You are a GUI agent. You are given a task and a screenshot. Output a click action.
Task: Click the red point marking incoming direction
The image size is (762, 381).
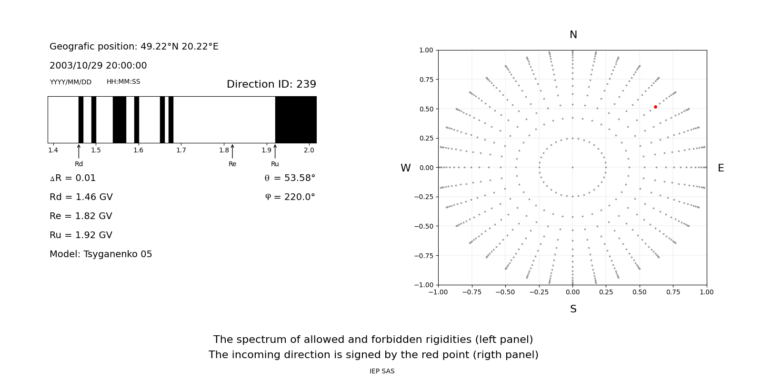[x=655, y=107]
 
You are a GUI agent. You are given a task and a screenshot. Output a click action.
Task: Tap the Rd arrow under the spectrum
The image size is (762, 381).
[x=79, y=151]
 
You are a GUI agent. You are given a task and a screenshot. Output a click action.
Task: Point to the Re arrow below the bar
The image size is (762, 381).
[x=232, y=151]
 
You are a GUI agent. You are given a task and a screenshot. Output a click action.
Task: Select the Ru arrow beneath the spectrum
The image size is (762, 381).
[x=275, y=151]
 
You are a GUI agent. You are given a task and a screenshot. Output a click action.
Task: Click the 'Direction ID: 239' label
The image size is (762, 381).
[x=271, y=84]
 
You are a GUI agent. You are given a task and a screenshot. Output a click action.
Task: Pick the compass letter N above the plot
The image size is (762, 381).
[x=573, y=35]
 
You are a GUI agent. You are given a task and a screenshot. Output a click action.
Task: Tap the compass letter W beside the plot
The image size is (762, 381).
[x=405, y=168]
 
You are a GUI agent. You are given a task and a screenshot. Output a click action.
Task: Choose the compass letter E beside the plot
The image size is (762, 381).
[x=721, y=168]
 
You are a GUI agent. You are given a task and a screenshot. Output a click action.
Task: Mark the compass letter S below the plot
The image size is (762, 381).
[x=573, y=309]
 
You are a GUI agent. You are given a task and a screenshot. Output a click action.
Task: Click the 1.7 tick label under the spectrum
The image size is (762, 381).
[x=181, y=150]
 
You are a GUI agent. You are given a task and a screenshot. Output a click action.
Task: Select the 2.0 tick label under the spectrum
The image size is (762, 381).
[x=309, y=150]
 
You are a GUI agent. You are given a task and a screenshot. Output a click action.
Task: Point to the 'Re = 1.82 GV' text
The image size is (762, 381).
[x=81, y=216]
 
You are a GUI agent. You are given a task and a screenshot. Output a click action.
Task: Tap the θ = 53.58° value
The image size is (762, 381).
[x=290, y=178]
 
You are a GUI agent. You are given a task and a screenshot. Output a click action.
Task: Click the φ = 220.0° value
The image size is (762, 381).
[x=290, y=197]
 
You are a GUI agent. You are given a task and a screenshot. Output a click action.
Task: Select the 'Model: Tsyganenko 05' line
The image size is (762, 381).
[x=100, y=254]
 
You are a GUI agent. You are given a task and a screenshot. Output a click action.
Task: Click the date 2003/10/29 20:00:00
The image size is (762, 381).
[x=98, y=65]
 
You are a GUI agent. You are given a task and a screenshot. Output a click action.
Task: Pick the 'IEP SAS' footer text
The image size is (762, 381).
[x=382, y=371]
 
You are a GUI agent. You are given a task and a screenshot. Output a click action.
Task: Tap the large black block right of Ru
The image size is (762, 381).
[x=296, y=120]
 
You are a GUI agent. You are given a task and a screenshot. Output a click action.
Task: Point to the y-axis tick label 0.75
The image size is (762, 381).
[x=426, y=80]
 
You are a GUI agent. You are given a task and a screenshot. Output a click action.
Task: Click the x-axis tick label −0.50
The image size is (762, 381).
[x=505, y=292]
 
